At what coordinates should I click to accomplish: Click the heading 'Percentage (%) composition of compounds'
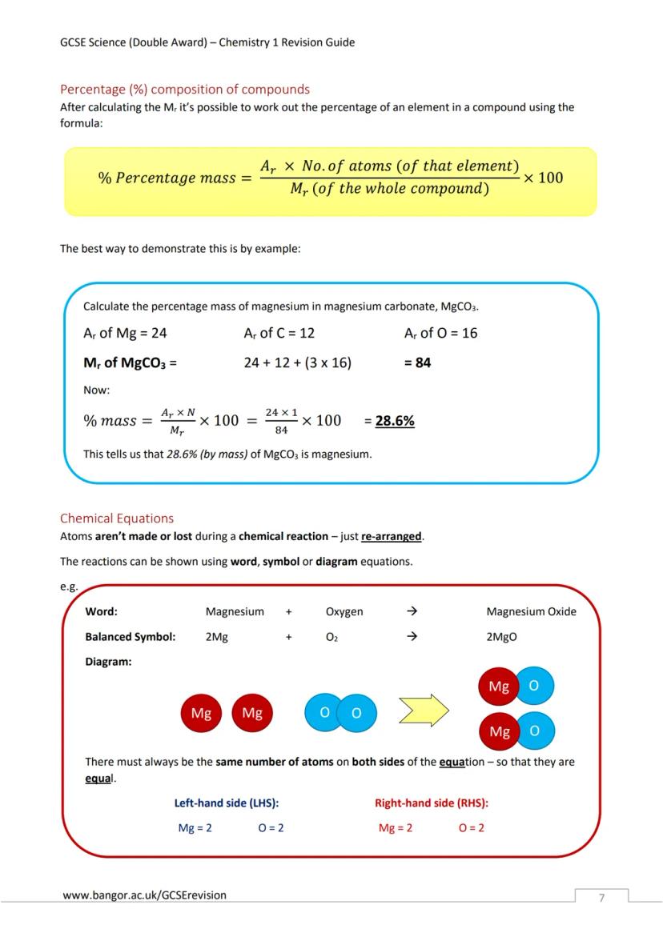(x=185, y=89)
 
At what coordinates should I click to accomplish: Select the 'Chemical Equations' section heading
(x=117, y=519)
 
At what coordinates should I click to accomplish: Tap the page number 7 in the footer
(x=601, y=898)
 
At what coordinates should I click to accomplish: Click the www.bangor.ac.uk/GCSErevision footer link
(x=144, y=895)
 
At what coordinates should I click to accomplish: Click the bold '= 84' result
(x=417, y=362)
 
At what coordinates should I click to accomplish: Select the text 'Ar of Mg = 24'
(x=125, y=333)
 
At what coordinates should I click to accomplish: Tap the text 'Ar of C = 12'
(x=279, y=333)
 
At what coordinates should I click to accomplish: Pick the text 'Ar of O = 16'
(x=440, y=333)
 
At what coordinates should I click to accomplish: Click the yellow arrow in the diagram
(x=424, y=710)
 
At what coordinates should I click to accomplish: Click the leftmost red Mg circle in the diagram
(x=201, y=713)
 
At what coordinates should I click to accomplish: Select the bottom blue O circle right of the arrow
(x=534, y=731)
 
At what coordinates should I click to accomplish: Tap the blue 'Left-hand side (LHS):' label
(x=227, y=803)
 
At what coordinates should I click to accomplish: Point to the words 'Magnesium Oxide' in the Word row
(x=531, y=612)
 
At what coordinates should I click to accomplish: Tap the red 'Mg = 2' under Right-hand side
(x=396, y=828)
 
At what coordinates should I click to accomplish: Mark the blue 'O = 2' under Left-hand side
(x=271, y=828)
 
